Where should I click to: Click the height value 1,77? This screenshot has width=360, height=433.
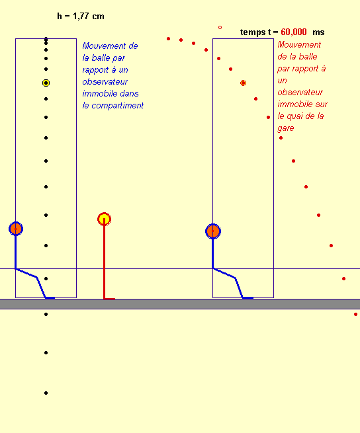point(81,17)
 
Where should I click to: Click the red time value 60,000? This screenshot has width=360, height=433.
point(294,32)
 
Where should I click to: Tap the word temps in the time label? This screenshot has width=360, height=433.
point(253,32)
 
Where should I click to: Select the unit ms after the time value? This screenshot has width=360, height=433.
point(318,32)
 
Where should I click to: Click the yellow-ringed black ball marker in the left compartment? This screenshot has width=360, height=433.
point(46,83)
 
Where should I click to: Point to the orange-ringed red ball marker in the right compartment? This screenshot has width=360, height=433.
point(243,83)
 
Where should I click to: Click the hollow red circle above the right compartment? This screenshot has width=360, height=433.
point(220,27)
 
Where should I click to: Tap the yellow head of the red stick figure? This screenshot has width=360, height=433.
point(105,219)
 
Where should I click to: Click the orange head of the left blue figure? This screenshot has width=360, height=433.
point(16,229)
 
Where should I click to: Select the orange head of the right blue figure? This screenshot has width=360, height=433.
point(213,231)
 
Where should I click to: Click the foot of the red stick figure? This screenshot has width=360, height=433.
point(109,299)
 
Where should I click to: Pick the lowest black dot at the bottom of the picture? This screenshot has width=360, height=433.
point(46,393)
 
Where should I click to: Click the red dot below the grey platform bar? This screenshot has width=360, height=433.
point(355,314)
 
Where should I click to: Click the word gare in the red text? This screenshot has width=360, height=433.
point(286,128)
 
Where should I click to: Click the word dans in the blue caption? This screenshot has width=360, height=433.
point(130,94)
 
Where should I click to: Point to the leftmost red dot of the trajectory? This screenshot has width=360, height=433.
point(168,38)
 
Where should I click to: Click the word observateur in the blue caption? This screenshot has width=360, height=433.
point(105,82)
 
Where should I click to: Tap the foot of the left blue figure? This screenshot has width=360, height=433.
point(50,298)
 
